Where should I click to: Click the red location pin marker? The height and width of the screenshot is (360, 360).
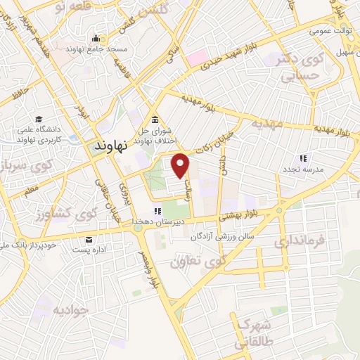point(182,165)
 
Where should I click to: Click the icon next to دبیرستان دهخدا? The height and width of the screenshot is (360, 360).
point(158,210)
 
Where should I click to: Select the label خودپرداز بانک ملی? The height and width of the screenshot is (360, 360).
point(35,245)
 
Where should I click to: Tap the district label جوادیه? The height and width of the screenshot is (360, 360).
point(71,310)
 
